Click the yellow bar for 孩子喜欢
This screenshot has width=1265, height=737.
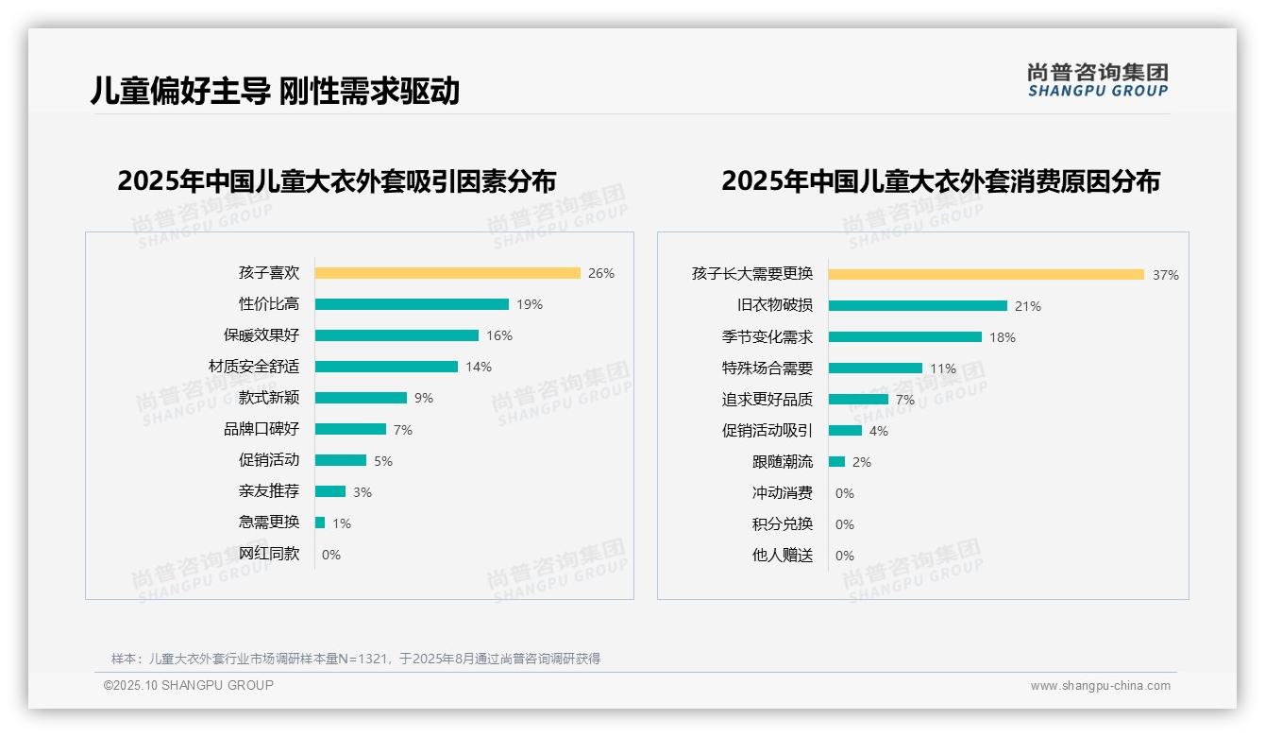[447, 273]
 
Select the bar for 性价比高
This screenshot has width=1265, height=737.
[412, 304]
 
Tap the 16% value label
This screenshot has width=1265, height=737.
[499, 335]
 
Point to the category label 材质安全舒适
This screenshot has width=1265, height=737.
[253, 367]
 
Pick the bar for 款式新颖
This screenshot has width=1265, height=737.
[361, 398]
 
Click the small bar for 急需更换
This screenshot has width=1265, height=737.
[320, 523]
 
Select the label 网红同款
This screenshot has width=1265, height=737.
[268, 554]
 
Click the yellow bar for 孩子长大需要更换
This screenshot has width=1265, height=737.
[986, 274]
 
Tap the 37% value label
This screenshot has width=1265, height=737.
[1165, 275]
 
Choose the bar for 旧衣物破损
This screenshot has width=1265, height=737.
[918, 305]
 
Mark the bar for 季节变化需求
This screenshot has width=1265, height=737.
[904, 336]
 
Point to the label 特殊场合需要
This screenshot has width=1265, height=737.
[767, 368]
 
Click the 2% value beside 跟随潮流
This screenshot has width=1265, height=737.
[862, 462]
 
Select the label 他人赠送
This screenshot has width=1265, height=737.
[782, 556]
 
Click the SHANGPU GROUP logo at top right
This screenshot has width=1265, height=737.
[1098, 80]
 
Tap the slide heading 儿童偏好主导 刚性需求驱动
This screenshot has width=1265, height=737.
[275, 91]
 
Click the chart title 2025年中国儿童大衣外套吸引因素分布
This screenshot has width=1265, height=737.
[337, 180]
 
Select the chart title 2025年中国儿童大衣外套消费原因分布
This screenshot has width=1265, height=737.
[940, 180]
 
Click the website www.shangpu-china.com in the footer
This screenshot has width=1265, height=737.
[1100, 686]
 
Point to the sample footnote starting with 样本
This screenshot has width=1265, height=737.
[356, 659]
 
